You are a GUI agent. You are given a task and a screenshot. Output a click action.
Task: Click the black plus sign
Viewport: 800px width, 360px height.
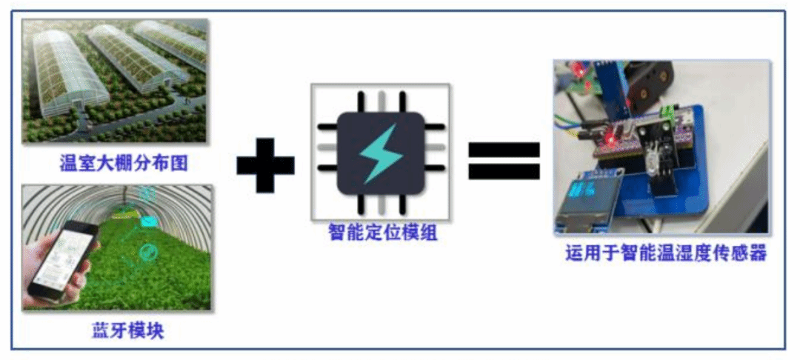click(x=265, y=165)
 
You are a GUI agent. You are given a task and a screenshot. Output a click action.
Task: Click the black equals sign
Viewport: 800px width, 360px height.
click(x=504, y=161)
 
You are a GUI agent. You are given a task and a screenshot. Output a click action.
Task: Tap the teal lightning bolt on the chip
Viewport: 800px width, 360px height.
click(x=381, y=153)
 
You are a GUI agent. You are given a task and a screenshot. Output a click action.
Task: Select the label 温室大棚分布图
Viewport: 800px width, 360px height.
click(x=124, y=164)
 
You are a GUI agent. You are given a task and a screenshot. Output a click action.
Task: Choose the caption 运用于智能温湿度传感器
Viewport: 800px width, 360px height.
click(x=666, y=253)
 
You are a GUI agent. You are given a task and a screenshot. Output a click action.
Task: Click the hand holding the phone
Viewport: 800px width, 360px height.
click(x=56, y=276)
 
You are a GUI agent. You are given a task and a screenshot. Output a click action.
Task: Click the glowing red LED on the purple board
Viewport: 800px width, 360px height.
click(x=608, y=139)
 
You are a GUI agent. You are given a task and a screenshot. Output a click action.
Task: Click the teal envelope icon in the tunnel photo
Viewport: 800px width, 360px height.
click(x=149, y=221)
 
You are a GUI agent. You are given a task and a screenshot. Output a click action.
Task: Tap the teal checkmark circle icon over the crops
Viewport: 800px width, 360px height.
click(x=148, y=252)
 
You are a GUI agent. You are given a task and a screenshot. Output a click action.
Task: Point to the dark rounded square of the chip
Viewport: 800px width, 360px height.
click(x=381, y=153)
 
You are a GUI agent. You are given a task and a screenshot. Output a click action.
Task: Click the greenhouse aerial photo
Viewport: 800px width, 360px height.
click(x=116, y=81)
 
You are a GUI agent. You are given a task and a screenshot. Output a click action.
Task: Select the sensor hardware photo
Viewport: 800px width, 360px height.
click(x=661, y=147)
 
